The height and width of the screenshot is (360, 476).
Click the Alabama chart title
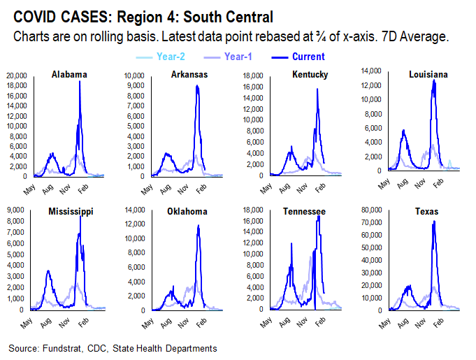[x=68, y=74]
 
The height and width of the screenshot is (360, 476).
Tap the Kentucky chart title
[x=309, y=74]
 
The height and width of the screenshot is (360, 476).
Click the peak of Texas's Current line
[x=434, y=222]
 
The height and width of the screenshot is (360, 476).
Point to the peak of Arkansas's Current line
[x=197, y=85]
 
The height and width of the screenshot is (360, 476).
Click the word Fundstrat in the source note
[x=65, y=348]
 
